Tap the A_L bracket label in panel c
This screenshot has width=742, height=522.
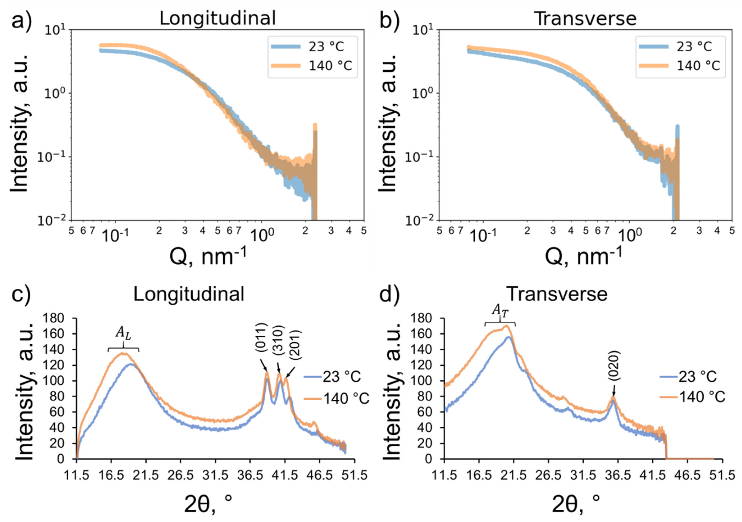[123, 342]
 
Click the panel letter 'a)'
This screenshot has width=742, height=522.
[22, 19]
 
